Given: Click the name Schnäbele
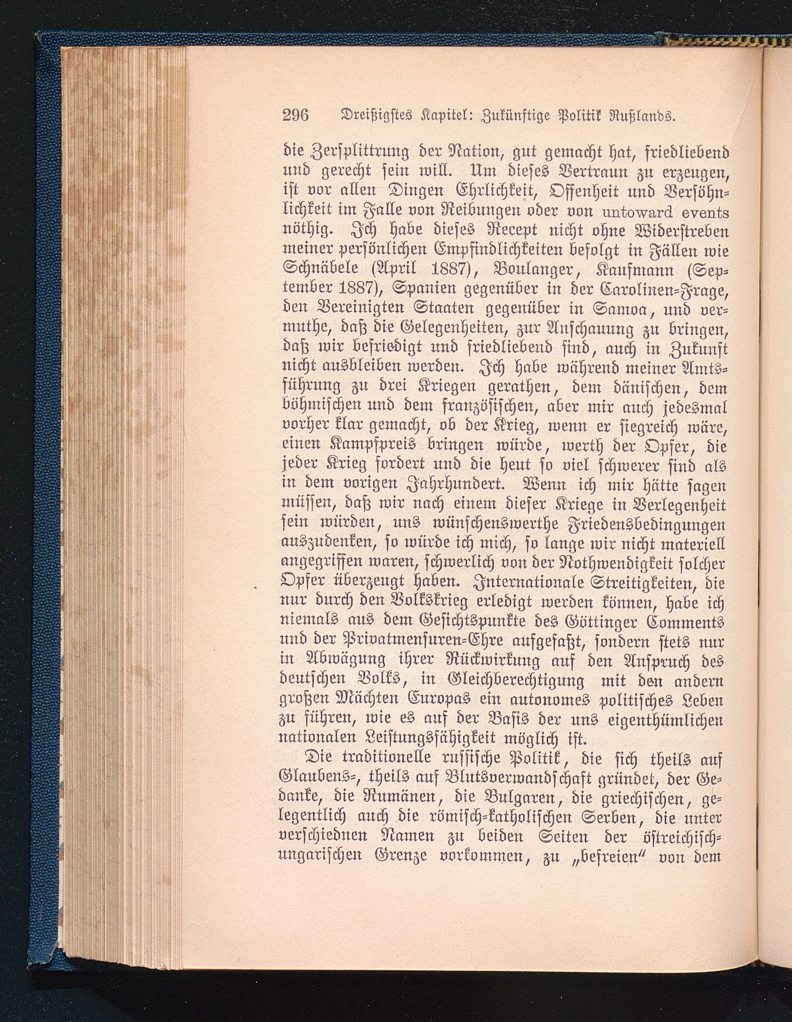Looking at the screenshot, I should pyautogui.click(x=318, y=271).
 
